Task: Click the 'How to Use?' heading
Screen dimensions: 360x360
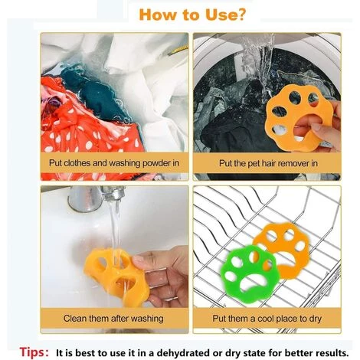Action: [x=192, y=15]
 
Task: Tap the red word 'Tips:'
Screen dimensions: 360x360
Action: [x=34, y=352]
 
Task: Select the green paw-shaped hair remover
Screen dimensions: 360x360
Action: [x=248, y=273]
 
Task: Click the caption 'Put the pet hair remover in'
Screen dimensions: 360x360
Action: [x=268, y=163]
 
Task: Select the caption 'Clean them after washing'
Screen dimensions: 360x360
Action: [x=113, y=319]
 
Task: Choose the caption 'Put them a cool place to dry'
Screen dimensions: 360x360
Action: [x=267, y=319]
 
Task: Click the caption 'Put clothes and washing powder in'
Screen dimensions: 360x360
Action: [x=114, y=163]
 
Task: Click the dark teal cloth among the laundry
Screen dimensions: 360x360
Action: [x=94, y=94]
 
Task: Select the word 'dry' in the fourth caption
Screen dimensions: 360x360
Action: [x=315, y=319]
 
